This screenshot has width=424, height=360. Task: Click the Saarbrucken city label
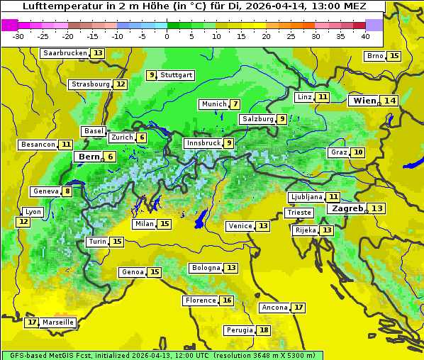(65, 53)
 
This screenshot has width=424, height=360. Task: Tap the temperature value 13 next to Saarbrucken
(97, 53)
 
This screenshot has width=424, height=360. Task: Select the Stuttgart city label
(176, 75)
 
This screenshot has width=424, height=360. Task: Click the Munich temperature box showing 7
(235, 104)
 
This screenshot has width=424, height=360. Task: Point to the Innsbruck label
(203, 143)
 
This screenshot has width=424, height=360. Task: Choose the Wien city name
(364, 101)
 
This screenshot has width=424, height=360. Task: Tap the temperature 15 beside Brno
(394, 56)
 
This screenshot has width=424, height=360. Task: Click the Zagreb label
(346, 208)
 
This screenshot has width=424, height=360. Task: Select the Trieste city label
(299, 213)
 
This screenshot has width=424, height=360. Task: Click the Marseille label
(58, 322)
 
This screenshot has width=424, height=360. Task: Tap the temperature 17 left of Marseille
(31, 322)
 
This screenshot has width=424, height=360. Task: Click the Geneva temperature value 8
(67, 191)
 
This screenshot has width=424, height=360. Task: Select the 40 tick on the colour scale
(365, 36)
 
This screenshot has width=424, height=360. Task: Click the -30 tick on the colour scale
(18, 36)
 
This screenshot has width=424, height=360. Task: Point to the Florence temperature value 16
(227, 300)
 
